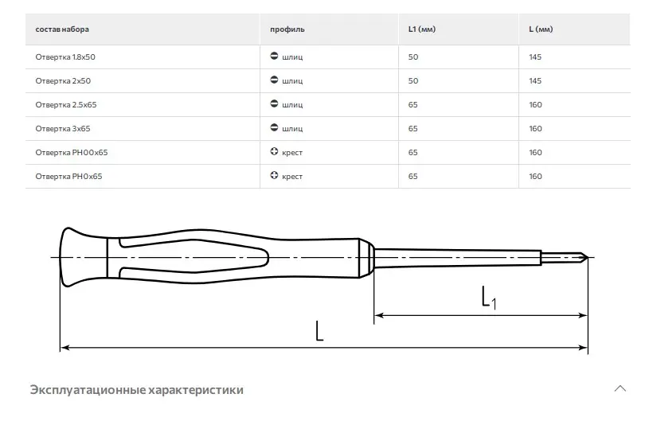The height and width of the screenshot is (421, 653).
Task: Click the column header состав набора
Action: [x=62, y=29]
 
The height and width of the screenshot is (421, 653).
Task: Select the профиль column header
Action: [x=287, y=29]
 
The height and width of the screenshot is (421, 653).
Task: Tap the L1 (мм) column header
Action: [x=422, y=29]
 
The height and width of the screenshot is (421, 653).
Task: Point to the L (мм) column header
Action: [x=541, y=29]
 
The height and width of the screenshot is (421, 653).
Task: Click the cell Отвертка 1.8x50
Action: [x=65, y=57]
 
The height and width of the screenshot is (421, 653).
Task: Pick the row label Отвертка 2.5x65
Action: [x=66, y=105]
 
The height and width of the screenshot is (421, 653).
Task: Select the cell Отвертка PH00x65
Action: [x=72, y=153]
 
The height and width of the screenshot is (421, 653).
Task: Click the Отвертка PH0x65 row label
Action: [x=68, y=177]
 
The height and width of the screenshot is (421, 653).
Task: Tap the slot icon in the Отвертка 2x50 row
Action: [x=274, y=80]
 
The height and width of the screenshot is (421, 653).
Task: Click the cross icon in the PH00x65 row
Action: [x=274, y=151]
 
